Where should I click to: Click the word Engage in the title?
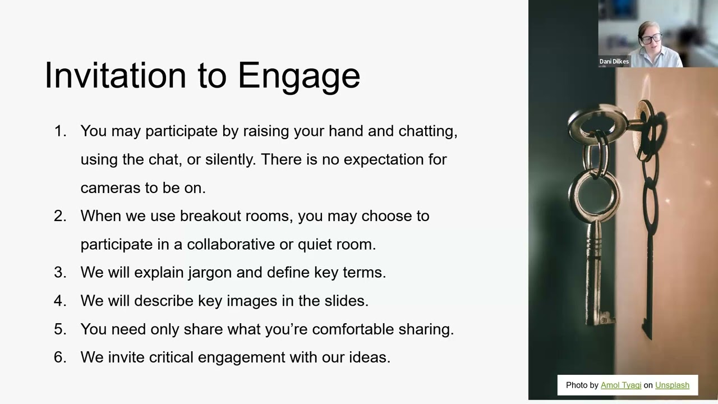[298, 76]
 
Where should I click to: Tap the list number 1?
[59, 131]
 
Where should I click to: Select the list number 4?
[59, 301]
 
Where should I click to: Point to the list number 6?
[59, 357]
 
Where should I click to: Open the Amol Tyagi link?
[620, 385]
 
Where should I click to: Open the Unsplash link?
[672, 385]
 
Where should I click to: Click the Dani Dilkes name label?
[614, 62]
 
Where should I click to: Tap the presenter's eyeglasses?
[651, 39]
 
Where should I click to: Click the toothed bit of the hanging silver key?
[606, 319]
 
